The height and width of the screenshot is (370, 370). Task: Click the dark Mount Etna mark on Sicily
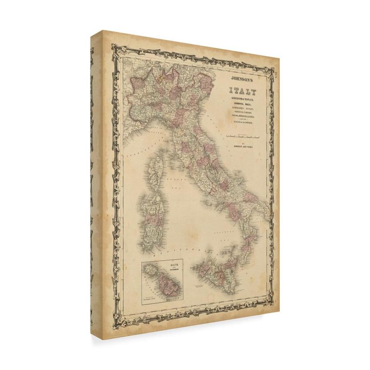point(233,272)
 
